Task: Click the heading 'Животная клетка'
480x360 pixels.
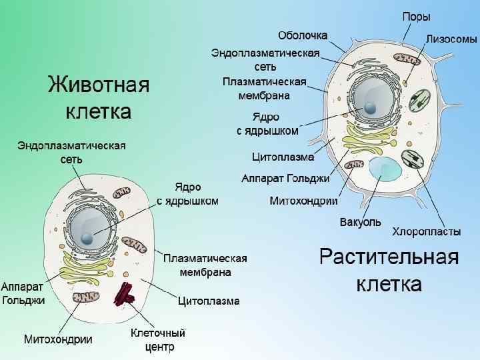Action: point(98,97)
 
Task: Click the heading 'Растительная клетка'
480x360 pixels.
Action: point(389,270)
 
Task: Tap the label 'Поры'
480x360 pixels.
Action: point(416,17)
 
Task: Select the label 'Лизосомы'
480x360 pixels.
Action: point(451,39)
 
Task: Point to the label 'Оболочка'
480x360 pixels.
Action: point(302,35)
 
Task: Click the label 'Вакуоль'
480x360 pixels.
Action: point(360,221)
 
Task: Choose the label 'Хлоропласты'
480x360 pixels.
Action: point(426,231)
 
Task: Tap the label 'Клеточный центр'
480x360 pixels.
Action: point(157,339)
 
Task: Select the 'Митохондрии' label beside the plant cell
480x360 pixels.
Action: point(303,200)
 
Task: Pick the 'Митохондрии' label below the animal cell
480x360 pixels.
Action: point(58,339)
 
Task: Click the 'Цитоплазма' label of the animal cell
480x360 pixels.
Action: point(209,301)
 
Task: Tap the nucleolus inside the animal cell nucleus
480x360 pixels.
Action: point(87,238)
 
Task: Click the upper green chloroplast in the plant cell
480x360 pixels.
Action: point(420,100)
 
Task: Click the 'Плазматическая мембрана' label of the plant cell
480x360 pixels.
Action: point(264,88)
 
